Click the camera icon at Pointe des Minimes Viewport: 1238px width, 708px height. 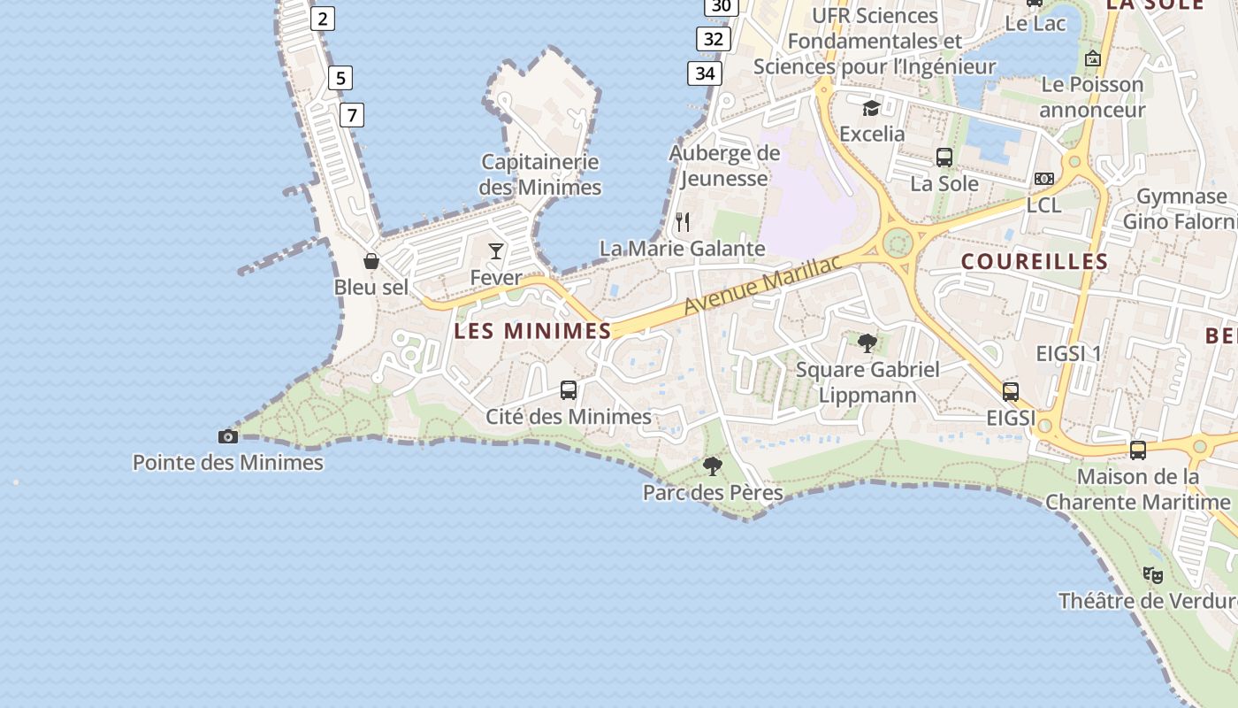[228, 436]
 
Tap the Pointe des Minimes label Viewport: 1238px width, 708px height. [228, 463]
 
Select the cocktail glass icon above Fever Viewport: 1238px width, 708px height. [496, 251]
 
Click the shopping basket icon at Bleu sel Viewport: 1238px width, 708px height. [371, 261]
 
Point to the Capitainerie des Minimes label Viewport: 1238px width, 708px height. [540, 174]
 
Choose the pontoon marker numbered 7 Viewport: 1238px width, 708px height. [352, 114]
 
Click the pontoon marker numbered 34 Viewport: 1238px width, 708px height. [705, 73]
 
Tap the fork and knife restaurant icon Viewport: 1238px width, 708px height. [683, 221]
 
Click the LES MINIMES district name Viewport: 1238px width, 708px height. [532, 331]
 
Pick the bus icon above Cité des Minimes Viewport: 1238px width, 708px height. [569, 390]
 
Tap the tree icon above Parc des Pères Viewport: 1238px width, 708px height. [713, 466]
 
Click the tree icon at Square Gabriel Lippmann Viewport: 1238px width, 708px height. [867, 342]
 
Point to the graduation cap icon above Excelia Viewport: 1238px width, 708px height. [871, 108]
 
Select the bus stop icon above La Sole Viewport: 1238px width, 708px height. [944, 158]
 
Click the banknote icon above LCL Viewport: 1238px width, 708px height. [1044, 179]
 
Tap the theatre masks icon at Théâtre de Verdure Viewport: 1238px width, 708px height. [1152, 575]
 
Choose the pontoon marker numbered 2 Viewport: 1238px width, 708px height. [323, 18]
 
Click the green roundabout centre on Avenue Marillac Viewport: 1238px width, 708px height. [898, 242]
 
